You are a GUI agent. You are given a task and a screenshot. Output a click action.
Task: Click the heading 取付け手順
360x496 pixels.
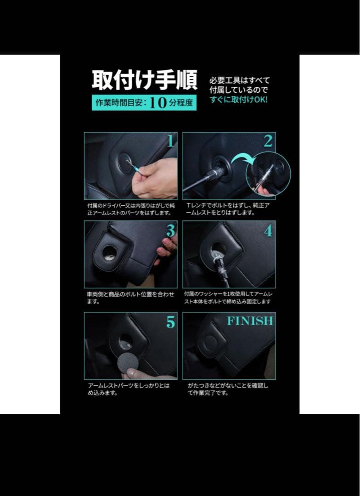click(x=145, y=81)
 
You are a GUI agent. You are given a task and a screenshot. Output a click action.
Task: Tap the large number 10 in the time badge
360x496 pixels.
click(x=157, y=103)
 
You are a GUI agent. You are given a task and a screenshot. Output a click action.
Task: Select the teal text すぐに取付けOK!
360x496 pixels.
click(x=239, y=100)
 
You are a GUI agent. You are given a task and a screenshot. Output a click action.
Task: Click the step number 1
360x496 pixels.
click(x=170, y=141)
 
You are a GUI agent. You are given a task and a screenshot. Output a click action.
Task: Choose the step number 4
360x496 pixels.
click(x=268, y=231)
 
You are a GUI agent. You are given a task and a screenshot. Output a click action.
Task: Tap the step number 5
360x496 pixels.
click(x=170, y=322)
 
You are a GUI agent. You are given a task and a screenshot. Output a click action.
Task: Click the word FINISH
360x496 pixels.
click(x=250, y=321)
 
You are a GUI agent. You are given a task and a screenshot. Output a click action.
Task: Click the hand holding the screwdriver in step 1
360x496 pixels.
click(x=156, y=179)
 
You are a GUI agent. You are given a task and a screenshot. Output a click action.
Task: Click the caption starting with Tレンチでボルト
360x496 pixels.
click(x=228, y=209)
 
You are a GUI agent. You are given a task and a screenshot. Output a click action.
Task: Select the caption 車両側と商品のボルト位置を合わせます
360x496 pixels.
click(x=130, y=298)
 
